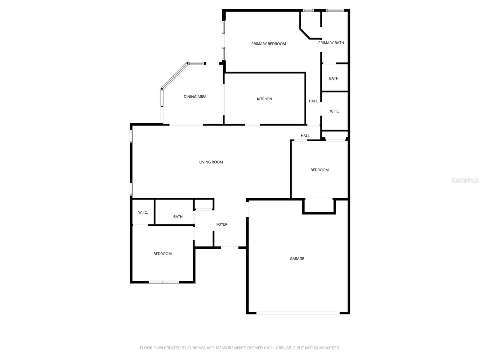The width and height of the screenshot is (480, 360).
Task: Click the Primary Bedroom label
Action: pos(268,44)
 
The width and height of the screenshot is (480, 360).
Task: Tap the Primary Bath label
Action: pos(331,43)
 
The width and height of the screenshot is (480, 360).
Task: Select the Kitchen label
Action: pos(264,99)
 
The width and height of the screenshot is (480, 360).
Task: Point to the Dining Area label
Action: pos(195,97)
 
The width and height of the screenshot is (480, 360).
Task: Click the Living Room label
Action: pos(211,162)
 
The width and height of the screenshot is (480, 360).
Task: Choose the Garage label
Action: pos(297,259)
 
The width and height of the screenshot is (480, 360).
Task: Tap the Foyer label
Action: pos(222,224)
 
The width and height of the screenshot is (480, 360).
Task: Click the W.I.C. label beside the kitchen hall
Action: pos(335,111)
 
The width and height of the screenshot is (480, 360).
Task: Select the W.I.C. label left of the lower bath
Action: pos(143,212)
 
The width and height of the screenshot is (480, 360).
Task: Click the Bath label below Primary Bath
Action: pos(334,79)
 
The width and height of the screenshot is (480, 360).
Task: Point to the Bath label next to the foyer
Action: pos(178,217)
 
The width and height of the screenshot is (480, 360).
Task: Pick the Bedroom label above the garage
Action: pos(319,170)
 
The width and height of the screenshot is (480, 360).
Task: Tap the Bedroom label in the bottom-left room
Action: pos(162,254)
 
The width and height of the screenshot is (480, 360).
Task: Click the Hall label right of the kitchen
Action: pos(313,101)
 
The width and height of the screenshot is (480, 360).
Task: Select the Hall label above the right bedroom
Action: pos(305,136)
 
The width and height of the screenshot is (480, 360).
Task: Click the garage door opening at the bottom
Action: pos(298,313)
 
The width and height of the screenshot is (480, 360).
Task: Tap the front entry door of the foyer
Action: pos(230,247)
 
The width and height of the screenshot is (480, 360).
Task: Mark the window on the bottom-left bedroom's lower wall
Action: pos(164,282)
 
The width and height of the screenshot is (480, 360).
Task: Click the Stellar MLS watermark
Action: pos(465,180)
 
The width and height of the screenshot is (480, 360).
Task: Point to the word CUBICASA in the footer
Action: pos(196,348)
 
